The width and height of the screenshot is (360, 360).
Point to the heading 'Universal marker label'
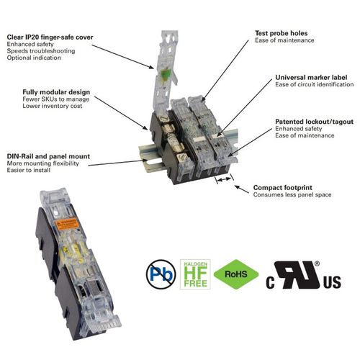tap(306, 77)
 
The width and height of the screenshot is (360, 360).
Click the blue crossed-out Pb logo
tap(162, 274)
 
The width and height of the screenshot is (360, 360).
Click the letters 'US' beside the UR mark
tap(332, 283)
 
